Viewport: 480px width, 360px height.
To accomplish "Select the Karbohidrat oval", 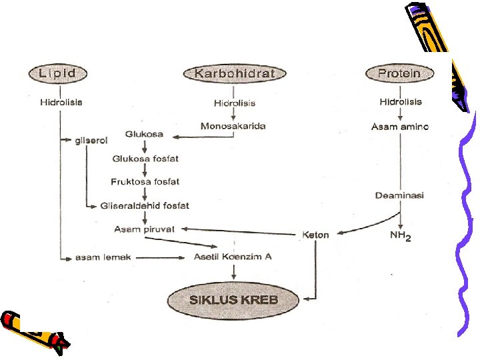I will tap(234, 73).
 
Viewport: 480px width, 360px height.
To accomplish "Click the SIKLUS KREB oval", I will tap(233, 299).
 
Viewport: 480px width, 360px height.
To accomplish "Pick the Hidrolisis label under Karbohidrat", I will tap(234, 103).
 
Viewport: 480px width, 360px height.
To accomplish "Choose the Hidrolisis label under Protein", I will tap(401, 102).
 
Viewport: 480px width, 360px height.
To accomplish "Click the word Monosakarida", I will tap(233, 125).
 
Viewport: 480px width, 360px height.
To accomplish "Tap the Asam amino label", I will tap(400, 127).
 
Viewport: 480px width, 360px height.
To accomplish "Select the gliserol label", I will tap(90, 140).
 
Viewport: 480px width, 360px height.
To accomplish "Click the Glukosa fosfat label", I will tap(145, 159).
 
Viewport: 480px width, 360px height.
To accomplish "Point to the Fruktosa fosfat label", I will tap(145, 181).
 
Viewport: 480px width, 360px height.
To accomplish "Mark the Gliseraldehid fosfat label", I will tap(145, 205).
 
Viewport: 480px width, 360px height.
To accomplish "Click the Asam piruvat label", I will tap(144, 229).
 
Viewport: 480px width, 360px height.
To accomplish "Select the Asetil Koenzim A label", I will tap(233, 257).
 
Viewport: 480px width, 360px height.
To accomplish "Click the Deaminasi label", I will tap(400, 195).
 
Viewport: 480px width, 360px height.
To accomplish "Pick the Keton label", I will tap(316, 235).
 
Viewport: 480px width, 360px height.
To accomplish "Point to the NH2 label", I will tap(400, 235).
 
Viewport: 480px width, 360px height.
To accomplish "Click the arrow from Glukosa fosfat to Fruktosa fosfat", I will tap(145, 170).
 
